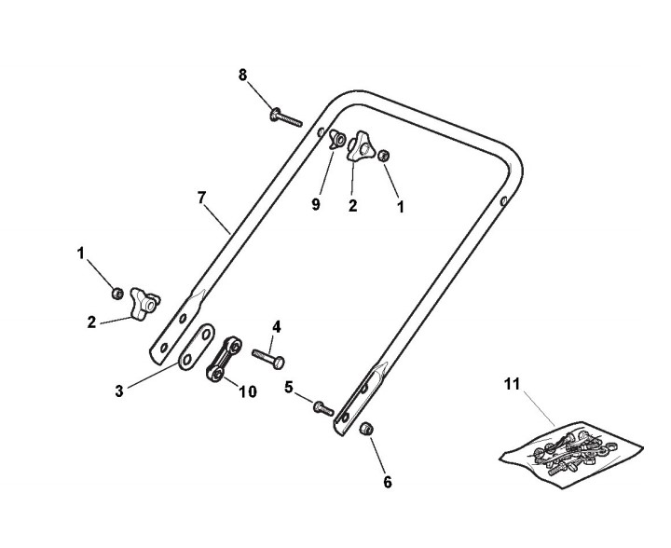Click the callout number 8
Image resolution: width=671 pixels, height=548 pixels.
243,75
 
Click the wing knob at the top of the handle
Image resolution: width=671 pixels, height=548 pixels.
361,149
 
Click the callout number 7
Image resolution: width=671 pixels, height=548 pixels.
200,197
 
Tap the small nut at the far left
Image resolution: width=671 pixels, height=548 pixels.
117,294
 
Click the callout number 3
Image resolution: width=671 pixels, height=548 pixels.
119,392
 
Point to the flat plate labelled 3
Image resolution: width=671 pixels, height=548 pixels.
197,345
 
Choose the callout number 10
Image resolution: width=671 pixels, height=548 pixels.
247,392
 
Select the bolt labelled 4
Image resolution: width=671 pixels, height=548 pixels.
267,356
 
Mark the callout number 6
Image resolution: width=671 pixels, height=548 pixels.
388,482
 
